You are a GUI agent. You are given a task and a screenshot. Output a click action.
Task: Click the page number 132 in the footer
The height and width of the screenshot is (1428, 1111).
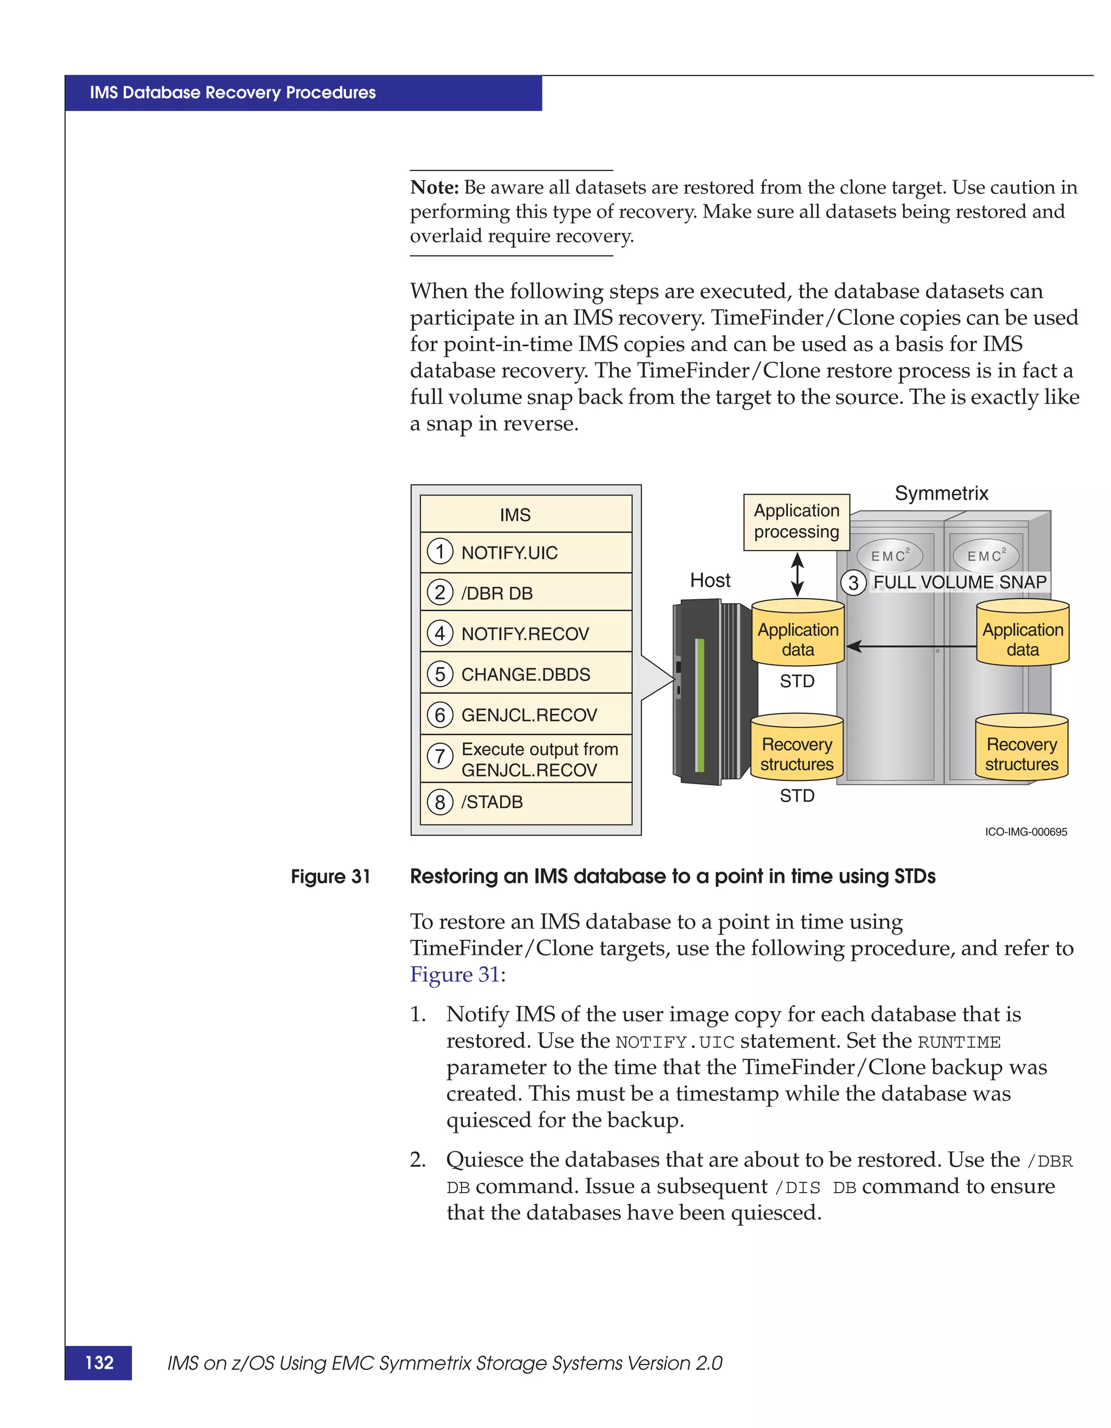(99, 1362)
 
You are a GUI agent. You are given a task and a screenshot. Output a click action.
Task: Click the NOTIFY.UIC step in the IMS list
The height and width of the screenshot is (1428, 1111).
(509, 553)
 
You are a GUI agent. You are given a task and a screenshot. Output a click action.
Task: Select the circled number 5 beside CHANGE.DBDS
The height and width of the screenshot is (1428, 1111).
(440, 674)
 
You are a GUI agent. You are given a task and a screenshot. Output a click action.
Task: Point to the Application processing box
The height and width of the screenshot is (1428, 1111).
(796, 522)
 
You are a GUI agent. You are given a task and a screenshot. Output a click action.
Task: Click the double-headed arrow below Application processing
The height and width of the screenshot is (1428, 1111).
(797, 574)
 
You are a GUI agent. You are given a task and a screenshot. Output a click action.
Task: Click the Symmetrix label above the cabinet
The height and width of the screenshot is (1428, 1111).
(941, 493)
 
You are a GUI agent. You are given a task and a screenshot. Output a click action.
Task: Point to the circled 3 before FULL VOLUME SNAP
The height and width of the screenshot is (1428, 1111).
(853, 582)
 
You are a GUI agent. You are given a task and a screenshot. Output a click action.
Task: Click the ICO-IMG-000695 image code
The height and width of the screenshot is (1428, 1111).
(1025, 832)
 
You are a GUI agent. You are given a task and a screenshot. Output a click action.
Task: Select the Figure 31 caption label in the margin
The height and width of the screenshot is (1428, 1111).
(330, 876)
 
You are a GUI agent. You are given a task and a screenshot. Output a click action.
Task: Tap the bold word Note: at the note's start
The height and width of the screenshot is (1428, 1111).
(434, 188)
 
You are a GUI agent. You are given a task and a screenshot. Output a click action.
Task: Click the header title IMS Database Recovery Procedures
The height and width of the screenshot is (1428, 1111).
(233, 93)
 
